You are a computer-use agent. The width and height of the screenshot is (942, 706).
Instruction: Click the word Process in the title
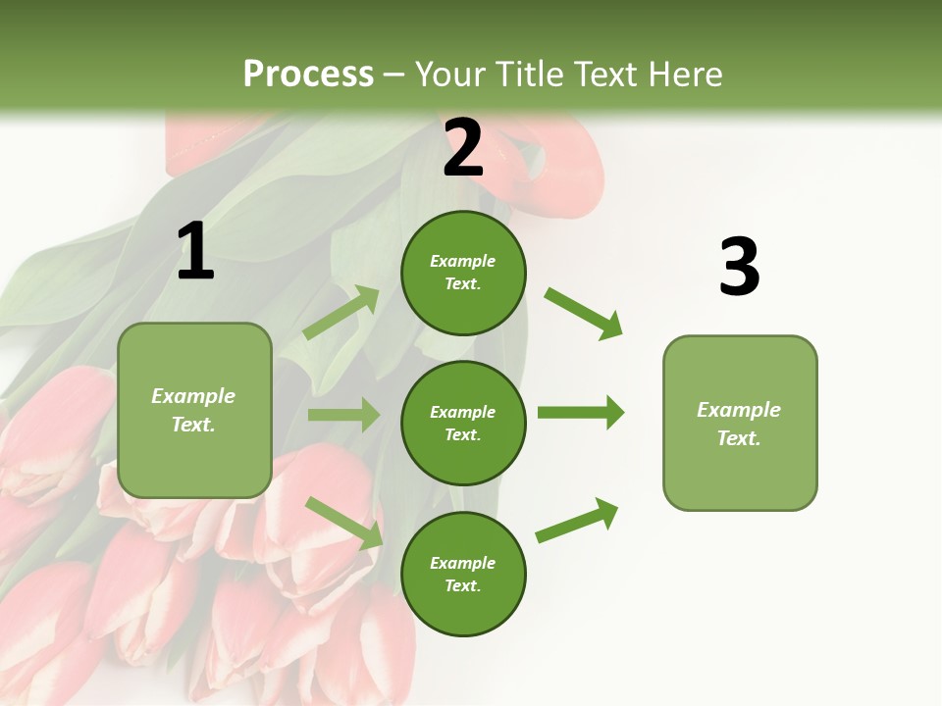308,75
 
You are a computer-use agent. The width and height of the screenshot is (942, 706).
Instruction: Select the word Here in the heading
686,75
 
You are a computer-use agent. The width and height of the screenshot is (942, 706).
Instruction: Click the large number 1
195,252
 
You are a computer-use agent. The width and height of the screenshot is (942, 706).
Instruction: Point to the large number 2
463,148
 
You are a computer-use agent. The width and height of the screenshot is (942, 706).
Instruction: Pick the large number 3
739,267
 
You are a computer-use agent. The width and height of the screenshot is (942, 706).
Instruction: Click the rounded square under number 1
194,410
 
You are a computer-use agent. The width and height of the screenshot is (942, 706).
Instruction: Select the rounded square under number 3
740,424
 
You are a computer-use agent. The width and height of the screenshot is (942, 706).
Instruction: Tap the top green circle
463,273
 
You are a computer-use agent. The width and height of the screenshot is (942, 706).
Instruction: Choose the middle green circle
463,423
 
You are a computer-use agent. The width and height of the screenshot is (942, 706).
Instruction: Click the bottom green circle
463,574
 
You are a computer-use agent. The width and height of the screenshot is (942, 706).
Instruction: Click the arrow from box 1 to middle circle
343,415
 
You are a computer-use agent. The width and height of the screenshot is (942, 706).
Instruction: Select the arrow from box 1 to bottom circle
344,522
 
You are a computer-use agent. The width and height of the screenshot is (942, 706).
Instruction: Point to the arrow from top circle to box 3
583,313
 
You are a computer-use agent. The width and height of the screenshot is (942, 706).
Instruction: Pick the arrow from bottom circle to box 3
577,521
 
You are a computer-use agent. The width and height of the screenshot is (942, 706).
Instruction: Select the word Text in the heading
609,75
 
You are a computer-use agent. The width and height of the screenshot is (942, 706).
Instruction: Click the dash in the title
394,76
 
